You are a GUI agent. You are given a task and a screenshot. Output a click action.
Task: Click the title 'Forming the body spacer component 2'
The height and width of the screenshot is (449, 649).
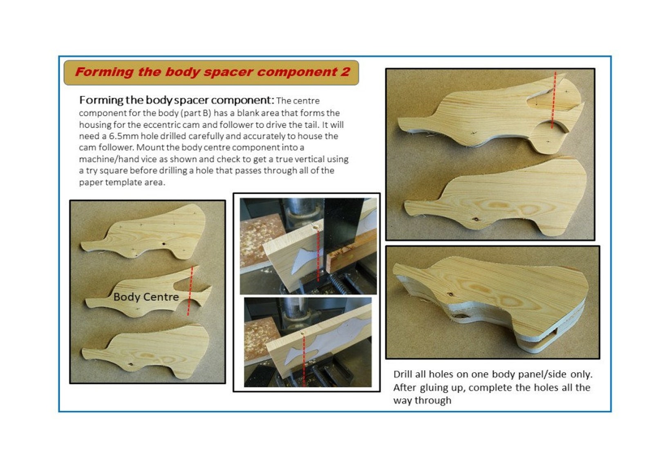[212, 72]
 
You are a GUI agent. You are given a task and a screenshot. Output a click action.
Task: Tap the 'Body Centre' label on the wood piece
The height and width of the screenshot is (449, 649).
[146, 297]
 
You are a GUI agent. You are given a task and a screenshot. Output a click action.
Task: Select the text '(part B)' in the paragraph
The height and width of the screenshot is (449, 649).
[197, 113]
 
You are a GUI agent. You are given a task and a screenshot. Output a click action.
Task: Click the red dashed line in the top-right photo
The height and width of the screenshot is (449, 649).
[553, 102]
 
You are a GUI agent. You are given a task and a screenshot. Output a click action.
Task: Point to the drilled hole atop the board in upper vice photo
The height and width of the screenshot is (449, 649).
[316, 226]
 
